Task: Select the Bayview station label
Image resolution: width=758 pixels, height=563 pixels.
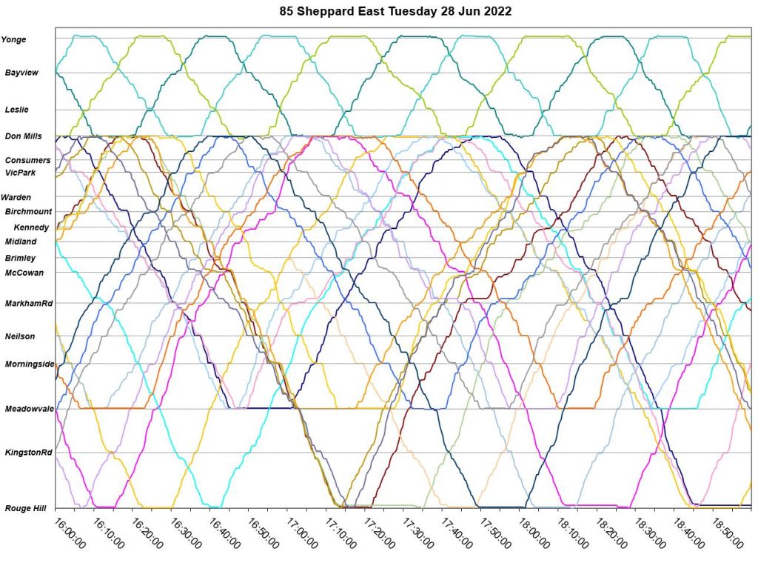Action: tap(20, 73)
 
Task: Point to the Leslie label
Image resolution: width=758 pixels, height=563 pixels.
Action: tap(17, 109)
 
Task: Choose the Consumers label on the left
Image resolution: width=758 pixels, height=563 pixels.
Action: tap(27, 160)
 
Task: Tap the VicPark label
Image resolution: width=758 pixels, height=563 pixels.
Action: tap(20, 173)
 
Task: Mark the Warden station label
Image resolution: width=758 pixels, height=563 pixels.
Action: tap(16, 198)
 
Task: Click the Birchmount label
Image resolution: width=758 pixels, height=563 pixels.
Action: tap(28, 212)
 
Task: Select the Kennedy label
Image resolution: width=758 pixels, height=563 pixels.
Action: tap(31, 227)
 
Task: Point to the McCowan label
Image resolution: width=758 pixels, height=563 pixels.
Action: tap(24, 273)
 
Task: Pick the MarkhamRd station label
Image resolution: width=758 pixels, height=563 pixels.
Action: tap(27, 304)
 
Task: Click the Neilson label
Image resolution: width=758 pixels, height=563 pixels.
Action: tap(20, 336)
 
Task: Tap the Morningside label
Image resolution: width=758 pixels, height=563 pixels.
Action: tap(29, 364)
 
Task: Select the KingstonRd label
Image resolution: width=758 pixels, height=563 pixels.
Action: tap(28, 452)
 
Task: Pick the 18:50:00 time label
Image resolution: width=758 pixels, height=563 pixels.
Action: tap(727, 533)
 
